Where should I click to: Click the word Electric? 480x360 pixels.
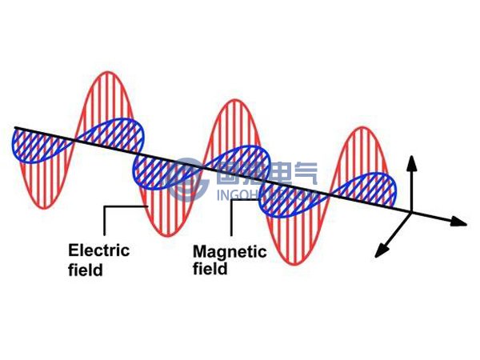(98, 250)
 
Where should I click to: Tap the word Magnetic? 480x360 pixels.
(230, 252)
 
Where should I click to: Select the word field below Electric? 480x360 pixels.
(86, 270)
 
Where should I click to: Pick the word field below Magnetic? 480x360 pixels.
(210, 270)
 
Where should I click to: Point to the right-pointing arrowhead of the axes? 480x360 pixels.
(462, 220)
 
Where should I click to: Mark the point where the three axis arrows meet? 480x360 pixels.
(411, 212)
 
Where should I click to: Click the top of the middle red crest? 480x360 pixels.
(235, 102)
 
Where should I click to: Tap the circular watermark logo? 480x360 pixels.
(192, 177)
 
